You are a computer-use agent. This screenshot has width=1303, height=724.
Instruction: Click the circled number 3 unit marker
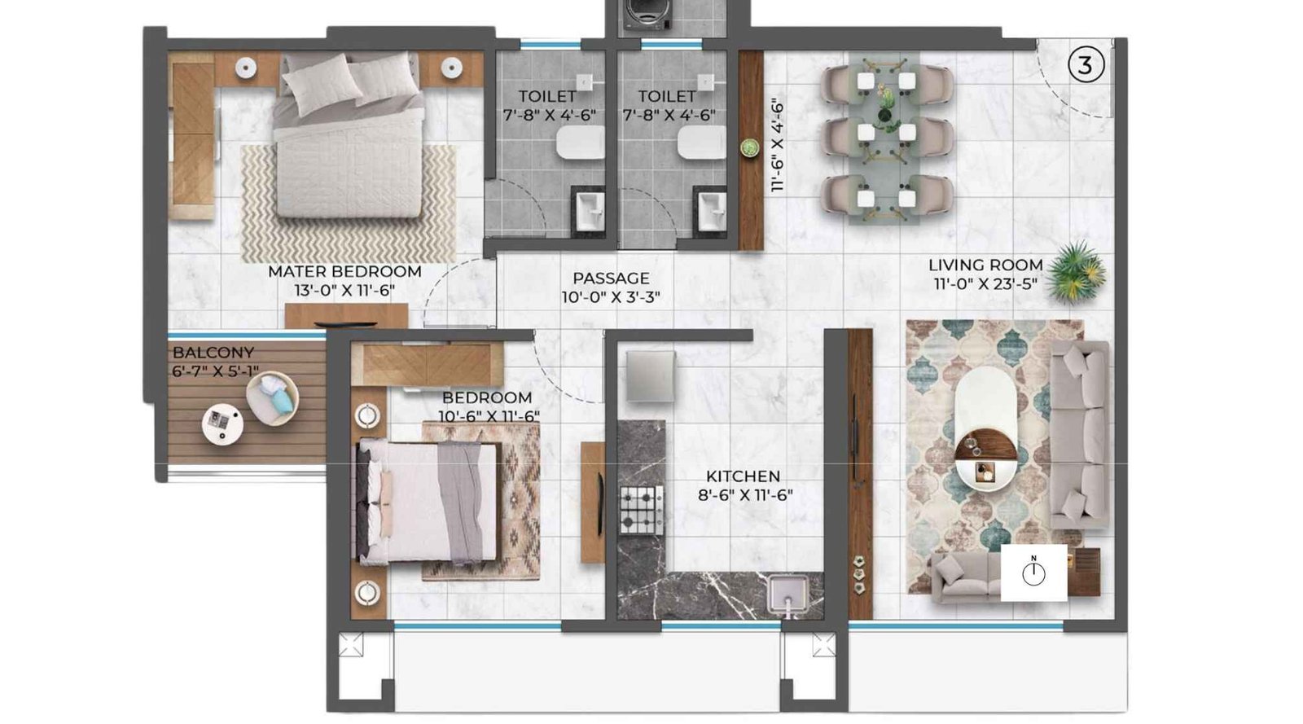pyautogui.click(x=1085, y=65)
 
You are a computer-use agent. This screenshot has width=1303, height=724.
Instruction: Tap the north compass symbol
pyautogui.click(x=1033, y=573)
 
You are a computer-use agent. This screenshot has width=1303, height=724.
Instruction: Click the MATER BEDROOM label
pyautogui.click(x=344, y=271)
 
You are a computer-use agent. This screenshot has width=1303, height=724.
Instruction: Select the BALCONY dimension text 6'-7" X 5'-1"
pyautogui.click(x=216, y=371)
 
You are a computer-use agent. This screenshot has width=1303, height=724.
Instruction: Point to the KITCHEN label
pyautogui.click(x=743, y=476)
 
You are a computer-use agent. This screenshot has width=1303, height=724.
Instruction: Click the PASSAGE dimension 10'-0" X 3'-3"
pyautogui.click(x=611, y=297)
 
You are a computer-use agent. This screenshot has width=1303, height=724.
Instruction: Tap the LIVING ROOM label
pyautogui.click(x=985, y=265)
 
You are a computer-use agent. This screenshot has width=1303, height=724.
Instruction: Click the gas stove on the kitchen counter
pyautogui.click(x=642, y=510)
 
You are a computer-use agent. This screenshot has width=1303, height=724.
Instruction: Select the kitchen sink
pyautogui.click(x=788, y=593)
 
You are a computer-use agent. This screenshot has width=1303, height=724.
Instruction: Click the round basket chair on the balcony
pyautogui.click(x=272, y=398)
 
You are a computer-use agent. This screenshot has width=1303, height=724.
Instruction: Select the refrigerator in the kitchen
pyautogui.click(x=650, y=377)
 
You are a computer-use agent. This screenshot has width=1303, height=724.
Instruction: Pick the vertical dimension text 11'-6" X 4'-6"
pyautogui.click(x=777, y=146)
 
